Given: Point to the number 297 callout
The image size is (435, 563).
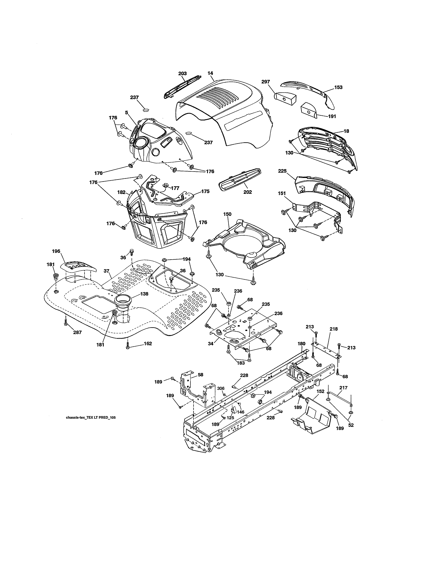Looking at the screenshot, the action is [265, 82].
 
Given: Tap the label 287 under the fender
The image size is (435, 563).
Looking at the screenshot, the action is [77, 332].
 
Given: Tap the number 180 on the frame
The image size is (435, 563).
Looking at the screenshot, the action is [301, 343].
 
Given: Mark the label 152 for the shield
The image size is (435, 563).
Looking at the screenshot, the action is [320, 391].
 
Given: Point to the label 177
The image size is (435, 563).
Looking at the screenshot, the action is [175, 188].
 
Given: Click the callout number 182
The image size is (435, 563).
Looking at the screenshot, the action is [121, 192].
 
